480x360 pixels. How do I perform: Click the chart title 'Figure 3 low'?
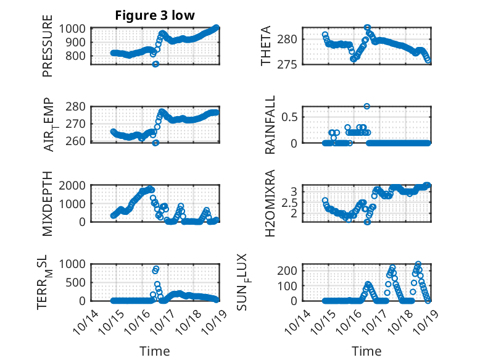(x=155, y=16)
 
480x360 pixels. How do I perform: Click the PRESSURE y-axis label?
(x=48, y=51)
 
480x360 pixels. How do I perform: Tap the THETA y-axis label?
(x=266, y=46)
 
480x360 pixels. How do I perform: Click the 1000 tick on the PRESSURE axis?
(x=76, y=28)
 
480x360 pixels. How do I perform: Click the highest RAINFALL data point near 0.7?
(x=366, y=106)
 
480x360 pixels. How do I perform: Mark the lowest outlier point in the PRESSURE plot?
(x=155, y=64)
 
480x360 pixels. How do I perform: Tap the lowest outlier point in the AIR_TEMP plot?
(x=155, y=143)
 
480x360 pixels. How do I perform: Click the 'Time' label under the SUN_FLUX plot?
(x=366, y=351)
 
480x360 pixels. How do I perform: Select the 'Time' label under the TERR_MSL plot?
(x=155, y=351)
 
